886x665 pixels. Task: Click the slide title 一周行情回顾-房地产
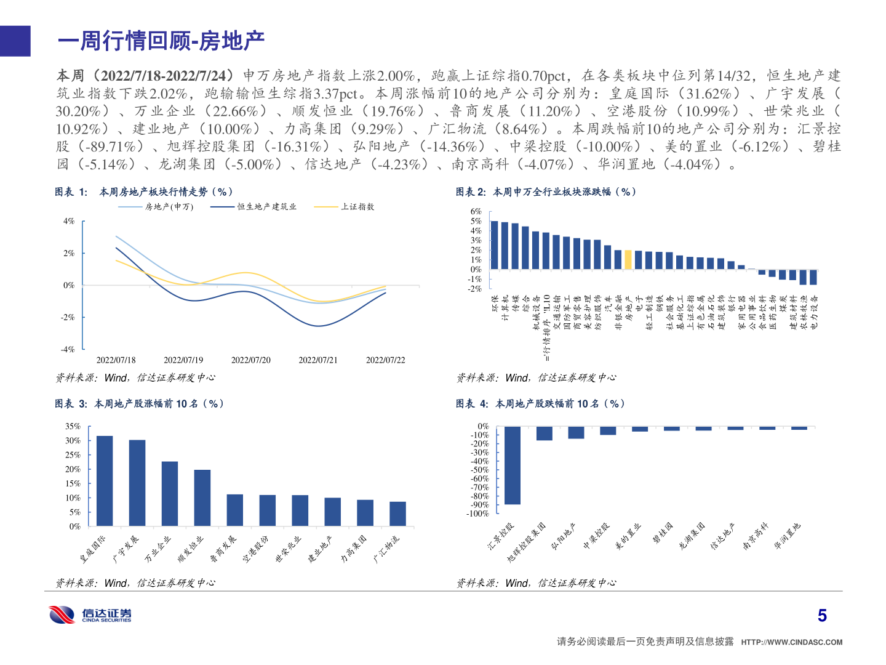coord(161,41)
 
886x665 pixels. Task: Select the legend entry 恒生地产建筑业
coord(266,207)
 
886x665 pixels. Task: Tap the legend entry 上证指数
coord(357,207)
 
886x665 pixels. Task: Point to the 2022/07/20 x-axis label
coord(250,360)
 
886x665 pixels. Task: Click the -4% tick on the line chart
coord(68,349)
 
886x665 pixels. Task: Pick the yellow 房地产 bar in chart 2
coord(628,259)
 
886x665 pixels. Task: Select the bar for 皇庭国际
coord(105,480)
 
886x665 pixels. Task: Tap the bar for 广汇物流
coord(397,514)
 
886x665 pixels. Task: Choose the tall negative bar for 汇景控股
coord(513,465)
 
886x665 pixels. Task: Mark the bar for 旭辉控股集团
coord(545,433)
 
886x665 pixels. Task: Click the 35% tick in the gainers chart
coord(73,426)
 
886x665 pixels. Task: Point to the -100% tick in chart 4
coord(477,514)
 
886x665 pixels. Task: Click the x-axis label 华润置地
coord(788,536)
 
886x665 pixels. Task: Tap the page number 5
coord(822,616)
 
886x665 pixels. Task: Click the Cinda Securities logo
coord(90,615)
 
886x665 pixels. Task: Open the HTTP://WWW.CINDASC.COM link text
coord(792,642)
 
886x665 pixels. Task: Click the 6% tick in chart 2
coord(476,212)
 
